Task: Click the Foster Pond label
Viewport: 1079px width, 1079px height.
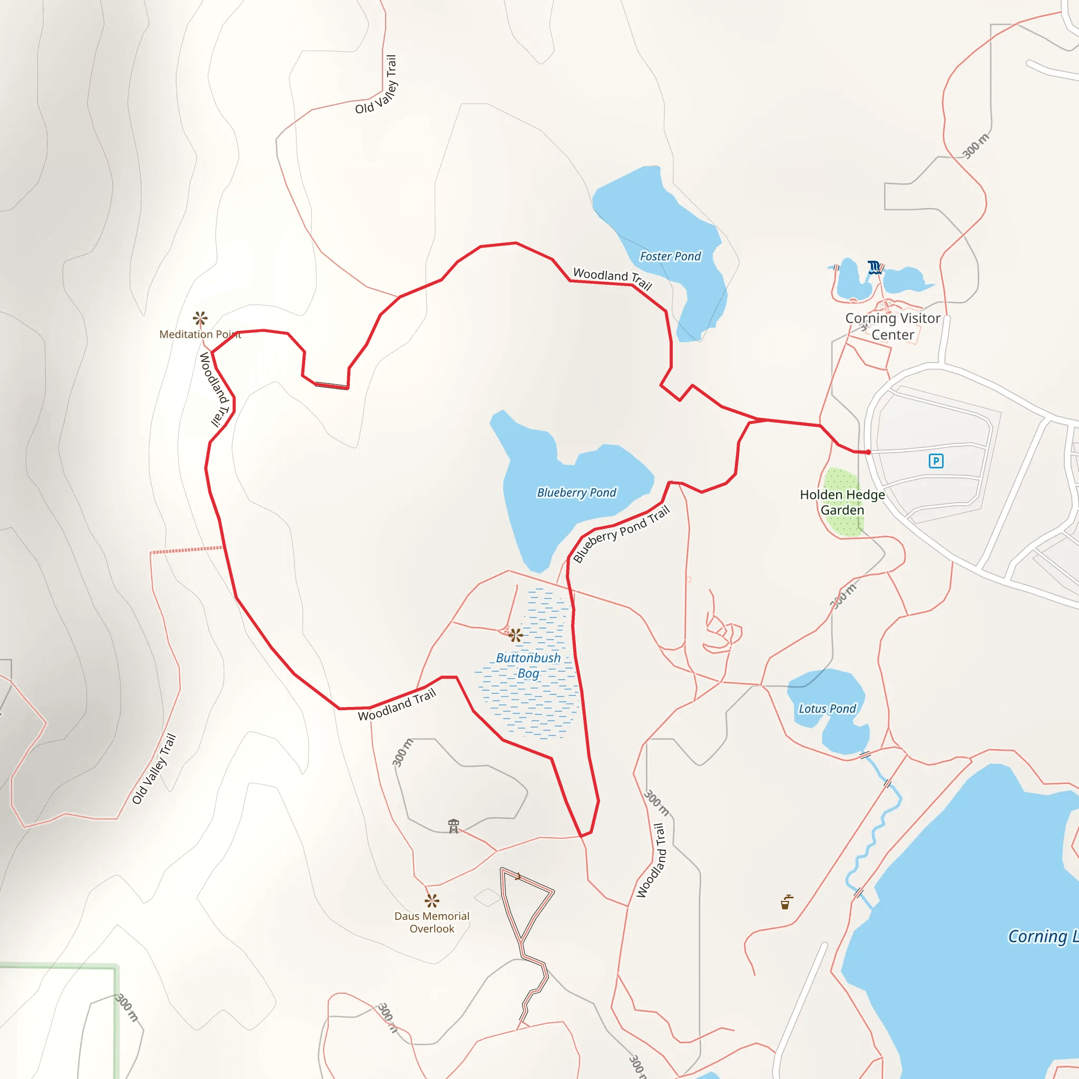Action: pos(670,257)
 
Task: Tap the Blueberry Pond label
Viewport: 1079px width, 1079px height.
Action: pos(576,493)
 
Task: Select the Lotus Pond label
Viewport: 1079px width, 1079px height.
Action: pos(827,709)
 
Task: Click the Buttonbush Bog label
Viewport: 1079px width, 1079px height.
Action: pos(528,666)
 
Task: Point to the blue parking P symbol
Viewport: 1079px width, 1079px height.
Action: pos(936,461)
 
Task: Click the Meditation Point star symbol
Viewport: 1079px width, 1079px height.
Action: pos(200,318)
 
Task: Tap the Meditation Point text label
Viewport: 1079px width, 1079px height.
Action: pos(200,334)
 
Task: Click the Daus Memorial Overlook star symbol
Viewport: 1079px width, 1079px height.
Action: pos(431,900)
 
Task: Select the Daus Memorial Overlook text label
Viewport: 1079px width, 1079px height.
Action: pos(431,922)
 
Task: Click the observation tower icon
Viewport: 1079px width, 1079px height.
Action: pos(454,826)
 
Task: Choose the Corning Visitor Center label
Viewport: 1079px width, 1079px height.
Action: pos(892,326)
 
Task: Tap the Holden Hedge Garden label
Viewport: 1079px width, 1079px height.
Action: pos(842,502)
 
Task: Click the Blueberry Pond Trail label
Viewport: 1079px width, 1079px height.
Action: pos(621,534)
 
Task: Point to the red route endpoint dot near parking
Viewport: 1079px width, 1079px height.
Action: pos(868,452)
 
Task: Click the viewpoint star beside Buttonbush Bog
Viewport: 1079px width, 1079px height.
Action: pos(516,635)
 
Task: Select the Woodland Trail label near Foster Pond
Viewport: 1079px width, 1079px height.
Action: pos(613,278)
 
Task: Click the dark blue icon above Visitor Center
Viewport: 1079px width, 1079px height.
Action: pos(874,267)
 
